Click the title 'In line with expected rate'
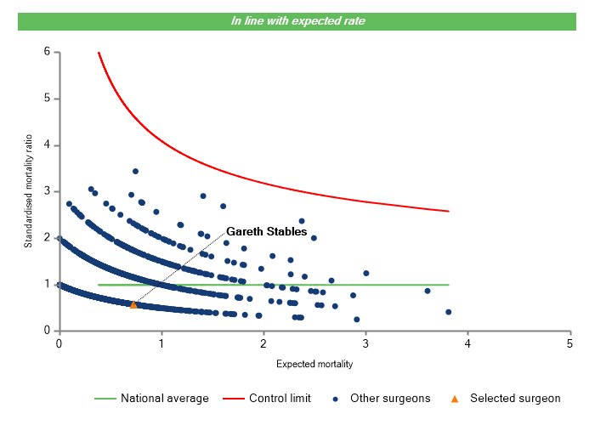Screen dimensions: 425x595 297,20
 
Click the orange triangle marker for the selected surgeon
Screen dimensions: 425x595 133,304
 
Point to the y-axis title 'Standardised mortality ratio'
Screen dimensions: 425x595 28,191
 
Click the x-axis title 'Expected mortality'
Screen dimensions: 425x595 314,364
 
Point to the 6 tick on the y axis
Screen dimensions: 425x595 47,52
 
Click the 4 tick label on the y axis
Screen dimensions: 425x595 47,145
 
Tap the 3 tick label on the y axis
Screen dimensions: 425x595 47,191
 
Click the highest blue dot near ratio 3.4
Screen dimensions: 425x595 135,171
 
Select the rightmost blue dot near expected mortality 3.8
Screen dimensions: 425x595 448,312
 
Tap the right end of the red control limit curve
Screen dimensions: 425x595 448,211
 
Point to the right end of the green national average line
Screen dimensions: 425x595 448,285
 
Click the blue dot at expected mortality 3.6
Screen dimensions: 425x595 428,291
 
